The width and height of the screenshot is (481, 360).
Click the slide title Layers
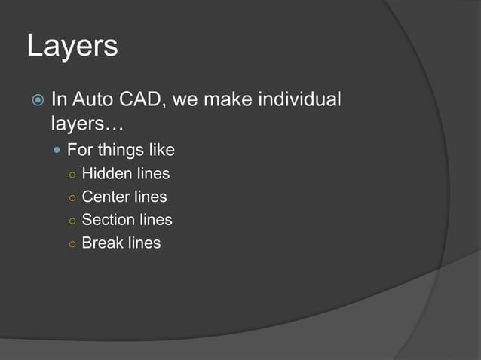(72, 47)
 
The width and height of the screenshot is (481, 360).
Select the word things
(123, 150)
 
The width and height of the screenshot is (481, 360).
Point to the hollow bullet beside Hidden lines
(70, 175)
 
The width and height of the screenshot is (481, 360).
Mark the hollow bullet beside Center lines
(70, 198)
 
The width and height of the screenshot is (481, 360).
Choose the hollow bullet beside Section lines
(70, 221)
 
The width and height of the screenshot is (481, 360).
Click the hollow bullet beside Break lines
(70, 243)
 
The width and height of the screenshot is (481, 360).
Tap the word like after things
(162, 150)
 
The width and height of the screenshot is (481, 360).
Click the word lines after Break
(144, 243)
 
